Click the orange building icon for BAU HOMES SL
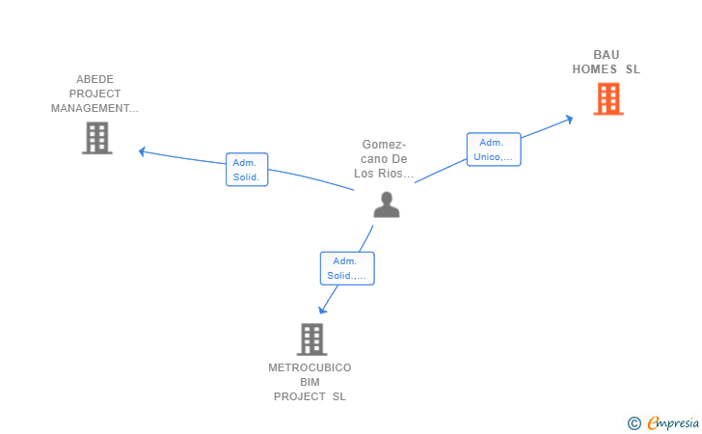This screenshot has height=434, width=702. (607, 98)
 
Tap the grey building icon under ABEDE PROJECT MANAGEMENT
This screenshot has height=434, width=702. (96, 138)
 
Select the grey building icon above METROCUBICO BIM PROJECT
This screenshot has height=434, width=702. (310, 339)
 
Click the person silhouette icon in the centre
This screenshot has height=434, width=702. (386, 204)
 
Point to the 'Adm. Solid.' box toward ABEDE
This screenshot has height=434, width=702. (247, 170)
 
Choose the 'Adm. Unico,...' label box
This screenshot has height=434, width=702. (494, 149)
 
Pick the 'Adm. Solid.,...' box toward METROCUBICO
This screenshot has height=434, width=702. (346, 268)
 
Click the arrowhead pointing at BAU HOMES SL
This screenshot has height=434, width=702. (570, 119)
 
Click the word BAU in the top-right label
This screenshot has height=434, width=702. (607, 54)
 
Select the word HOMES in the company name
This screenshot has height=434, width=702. (594, 69)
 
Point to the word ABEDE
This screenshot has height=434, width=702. (94, 79)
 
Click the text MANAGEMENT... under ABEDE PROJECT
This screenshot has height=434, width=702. (94, 108)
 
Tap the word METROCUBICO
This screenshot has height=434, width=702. (310, 367)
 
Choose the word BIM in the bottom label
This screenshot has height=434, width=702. (310, 382)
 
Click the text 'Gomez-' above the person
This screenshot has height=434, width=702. (384, 145)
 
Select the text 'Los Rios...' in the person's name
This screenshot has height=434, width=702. (384, 174)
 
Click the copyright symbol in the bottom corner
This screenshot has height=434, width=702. (634, 422)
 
